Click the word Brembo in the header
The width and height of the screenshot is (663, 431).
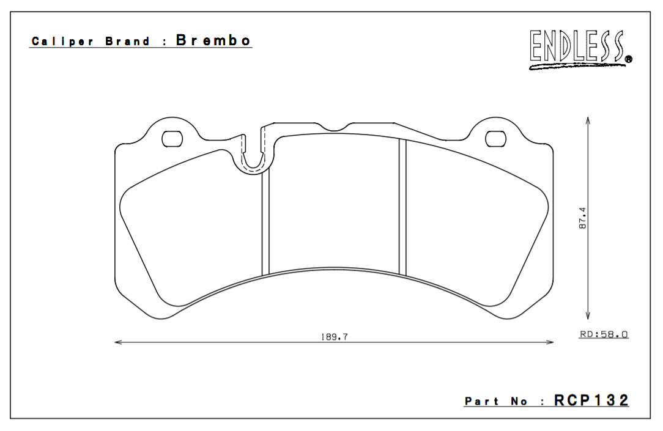pyautogui.click(x=213, y=41)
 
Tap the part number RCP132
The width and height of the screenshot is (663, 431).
pyautogui.click(x=591, y=401)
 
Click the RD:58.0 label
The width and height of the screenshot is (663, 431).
pyautogui.click(x=604, y=334)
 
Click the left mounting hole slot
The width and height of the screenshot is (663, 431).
pyautogui.click(x=172, y=139)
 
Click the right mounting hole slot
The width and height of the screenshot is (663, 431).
pyautogui.click(x=495, y=139)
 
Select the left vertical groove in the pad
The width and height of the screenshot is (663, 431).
pyautogui.click(x=265, y=223)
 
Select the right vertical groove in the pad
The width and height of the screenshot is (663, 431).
pyautogui.click(x=402, y=208)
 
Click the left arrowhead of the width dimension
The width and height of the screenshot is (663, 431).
pyautogui.click(x=118, y=342)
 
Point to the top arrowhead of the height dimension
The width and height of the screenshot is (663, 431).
pyautogui.click(x=588, y=120)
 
